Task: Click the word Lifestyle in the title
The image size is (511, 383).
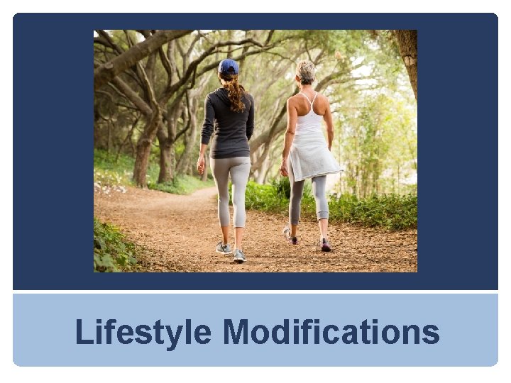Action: tap(144, 332)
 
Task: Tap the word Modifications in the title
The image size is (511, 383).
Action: tap(331, 332)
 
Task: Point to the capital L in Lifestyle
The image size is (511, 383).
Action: tap(83, 332)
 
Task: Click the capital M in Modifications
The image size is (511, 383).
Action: tap(237, 332)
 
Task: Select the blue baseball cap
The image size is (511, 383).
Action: tap(229, 67)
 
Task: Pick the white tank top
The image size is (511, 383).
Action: tap(309, 117)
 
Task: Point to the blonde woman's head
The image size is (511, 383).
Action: tap(307, 72)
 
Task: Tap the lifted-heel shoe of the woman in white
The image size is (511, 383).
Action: tap(290, 235)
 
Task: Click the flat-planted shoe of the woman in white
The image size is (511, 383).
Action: tap(325, 245)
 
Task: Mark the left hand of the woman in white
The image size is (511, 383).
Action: tap(285, 168)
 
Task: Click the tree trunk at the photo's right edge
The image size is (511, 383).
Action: tap(408, 57)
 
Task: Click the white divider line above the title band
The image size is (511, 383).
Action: tap(255, 292)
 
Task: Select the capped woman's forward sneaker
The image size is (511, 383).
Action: tap(239, 255)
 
